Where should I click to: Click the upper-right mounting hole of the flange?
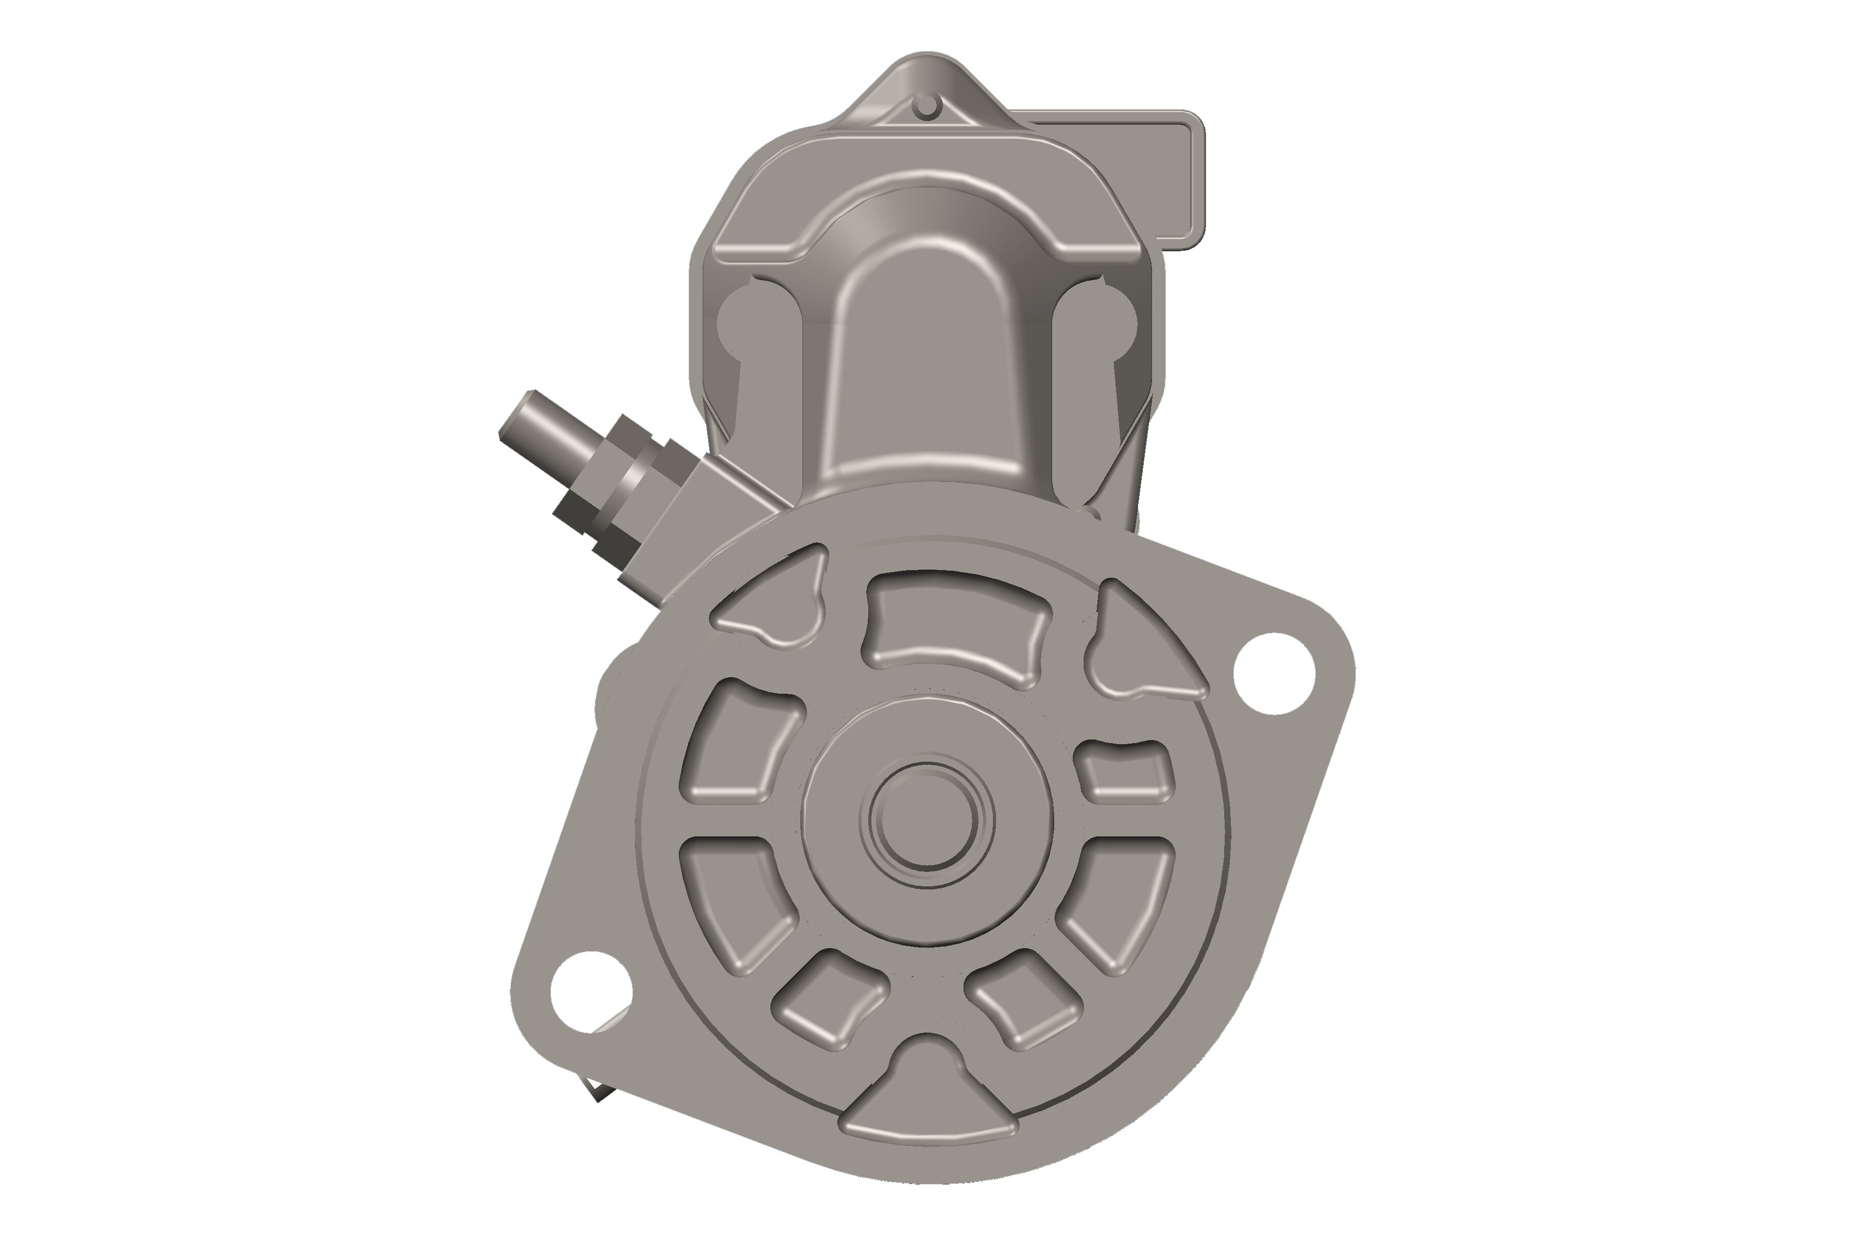pyautogui.click(x=1274, y=674)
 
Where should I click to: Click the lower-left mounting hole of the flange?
pyautogui.click(x=591, y=992)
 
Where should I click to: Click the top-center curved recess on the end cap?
pyautogui.click(x=958, y=627)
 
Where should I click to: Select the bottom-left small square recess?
pyautogui.click(x=828, y=997)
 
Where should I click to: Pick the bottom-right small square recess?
pyautogui.click(x=1025, y=997)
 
